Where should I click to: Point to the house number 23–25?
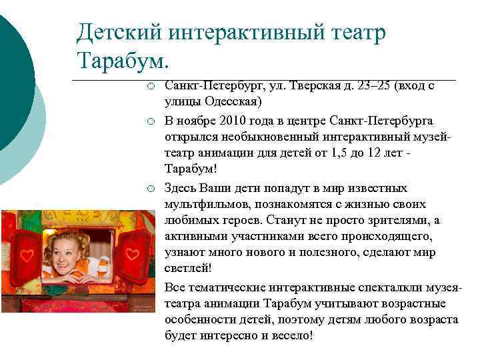click(x=371, y=86)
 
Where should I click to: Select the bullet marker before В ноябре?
click(x=152, y=121)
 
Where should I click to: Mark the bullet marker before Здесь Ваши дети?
click(x=152, y=189)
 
